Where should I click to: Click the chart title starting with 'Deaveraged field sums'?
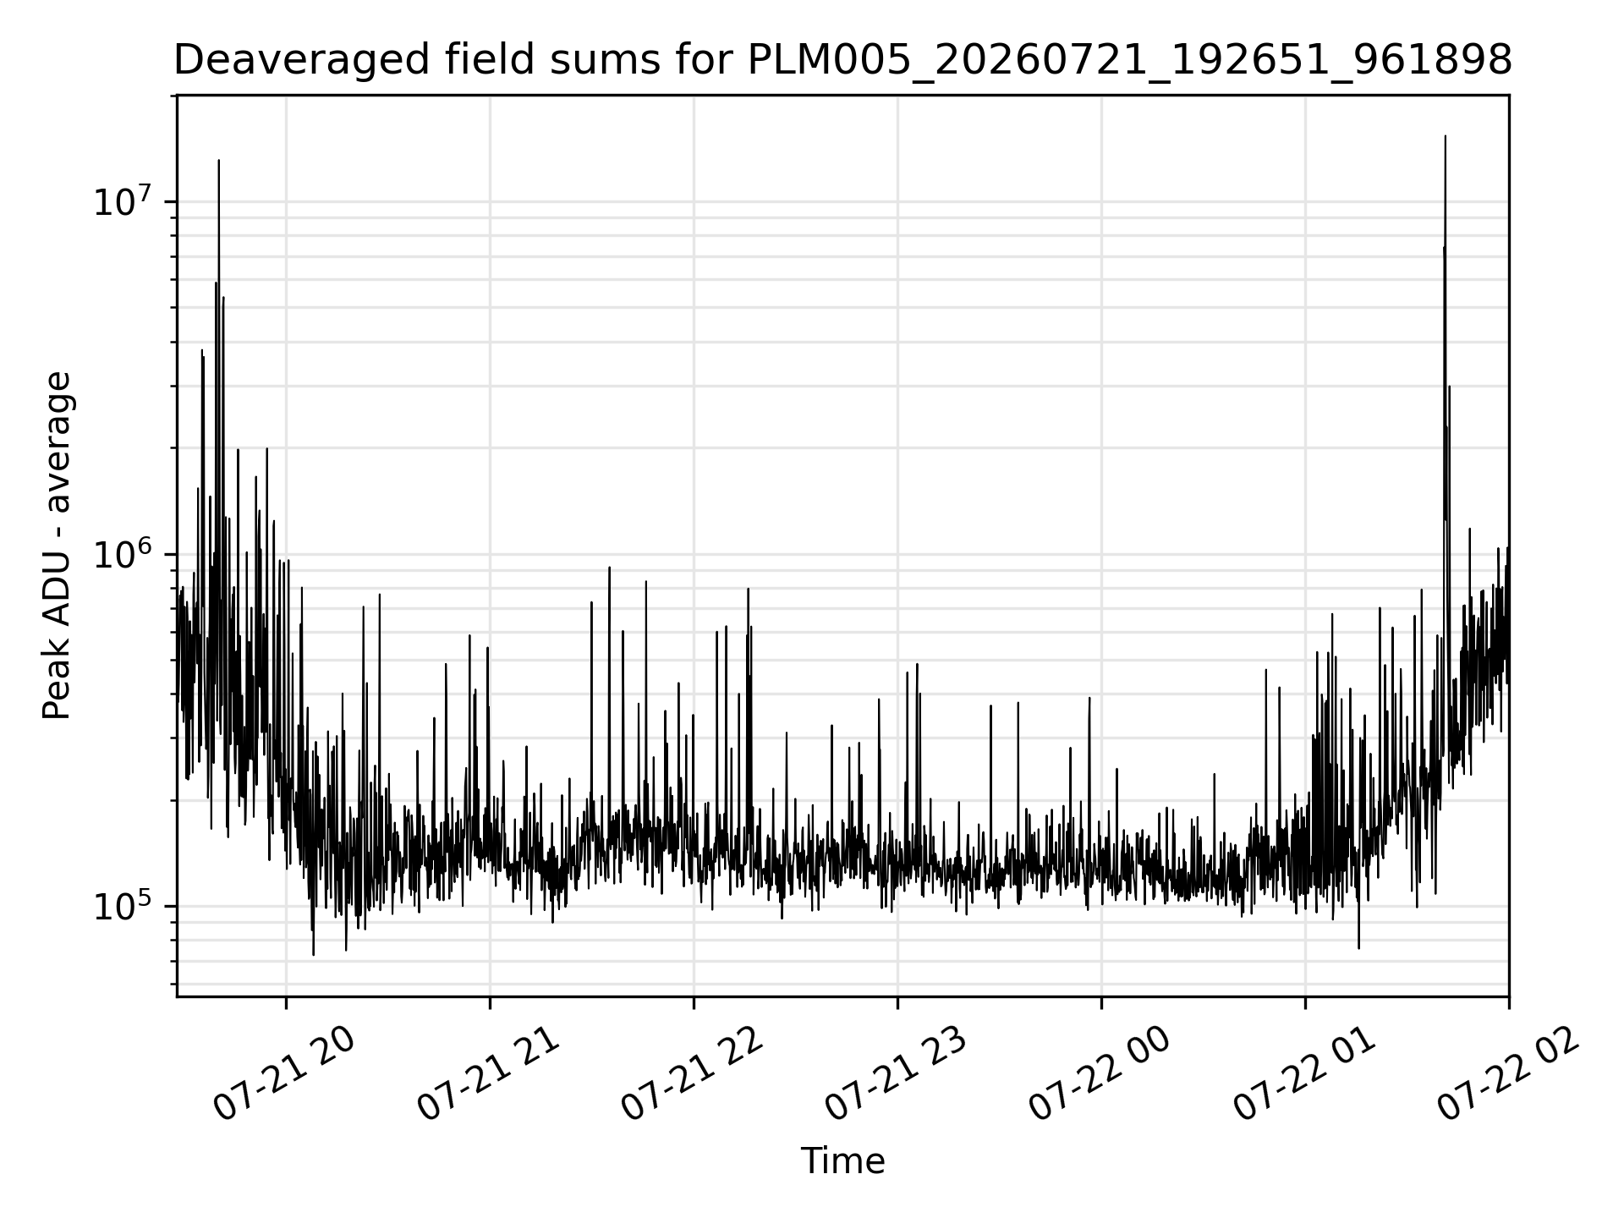point(842,61)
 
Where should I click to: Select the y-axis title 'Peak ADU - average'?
point(58,546)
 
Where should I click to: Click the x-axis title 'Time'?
point(842,1161)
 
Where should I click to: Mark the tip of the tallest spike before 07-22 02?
point(1445,135)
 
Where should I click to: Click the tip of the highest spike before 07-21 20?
point(219,159)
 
